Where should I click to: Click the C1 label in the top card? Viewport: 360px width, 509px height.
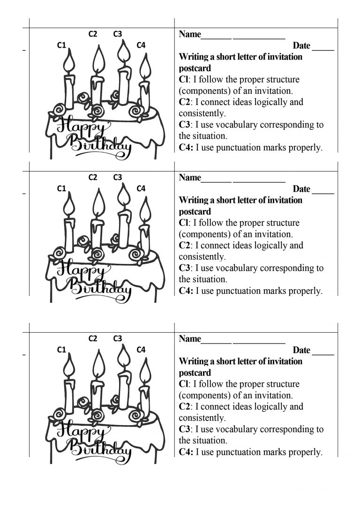(61, 45)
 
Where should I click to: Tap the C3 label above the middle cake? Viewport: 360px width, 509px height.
(118, 177)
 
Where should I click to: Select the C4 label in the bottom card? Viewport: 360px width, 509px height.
(141, 350)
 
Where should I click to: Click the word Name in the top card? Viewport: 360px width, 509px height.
(190, 34)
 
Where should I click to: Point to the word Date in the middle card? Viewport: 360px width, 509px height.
(301, 189)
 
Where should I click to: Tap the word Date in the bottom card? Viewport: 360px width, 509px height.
(301, 350)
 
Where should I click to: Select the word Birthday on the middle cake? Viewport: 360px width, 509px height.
(101, 287)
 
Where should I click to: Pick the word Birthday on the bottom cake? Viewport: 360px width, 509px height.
(101, 449)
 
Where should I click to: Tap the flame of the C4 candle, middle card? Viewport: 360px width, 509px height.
(145, 210)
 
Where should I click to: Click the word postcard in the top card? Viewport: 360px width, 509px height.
(195, 68)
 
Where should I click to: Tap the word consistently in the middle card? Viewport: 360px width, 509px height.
(202, 257)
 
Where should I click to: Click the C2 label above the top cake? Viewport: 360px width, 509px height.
(93, 34)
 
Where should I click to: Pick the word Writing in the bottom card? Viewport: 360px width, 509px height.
(194, 361)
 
